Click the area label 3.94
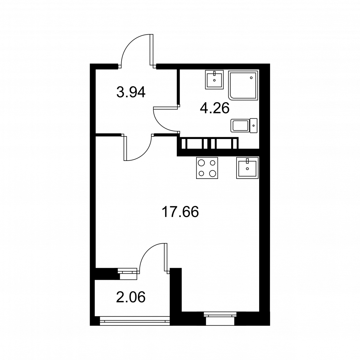pyautogui.click(x=131, y=92)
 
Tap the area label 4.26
pyautogui.click(x=215, y=108)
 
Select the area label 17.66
pyautogui.click(x=180, y=212)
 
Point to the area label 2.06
pyautogui.click(x=131, y=297)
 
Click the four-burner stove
pyautogui.click(x=207, y=168)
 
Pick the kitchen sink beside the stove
pyautogui.click(x=248, y=168)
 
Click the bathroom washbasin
pyautogui.click(x=215, y=80)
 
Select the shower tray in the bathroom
pyautogui.click(x=243, y=85)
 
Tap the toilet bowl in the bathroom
pyautogui.click(x=240, y=126)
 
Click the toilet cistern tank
pyautogui.click(x=254, y=126)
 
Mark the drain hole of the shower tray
pyautogui.click(x=251, y=78)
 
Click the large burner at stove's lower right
pyautogui.click(x=213, y=174)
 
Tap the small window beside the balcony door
pyautogui.click(x=128, y=274)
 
